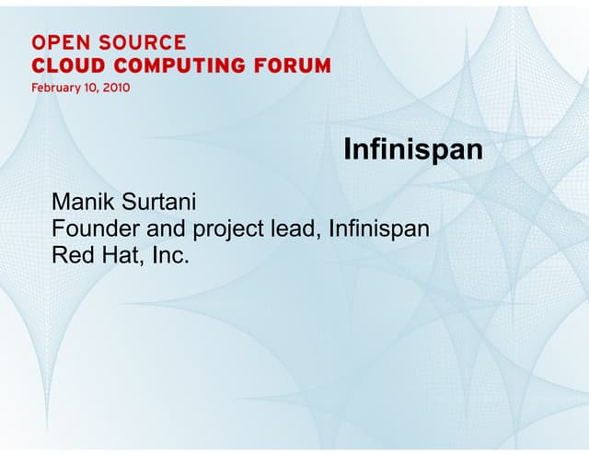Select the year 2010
click(119, 88)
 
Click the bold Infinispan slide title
click(413, 150)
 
